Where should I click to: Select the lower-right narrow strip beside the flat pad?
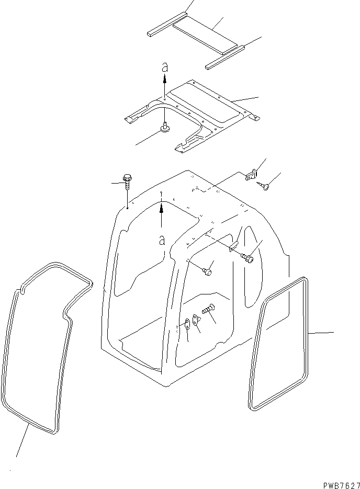click(224, 57)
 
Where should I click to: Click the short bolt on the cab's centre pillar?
click(206, 271)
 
